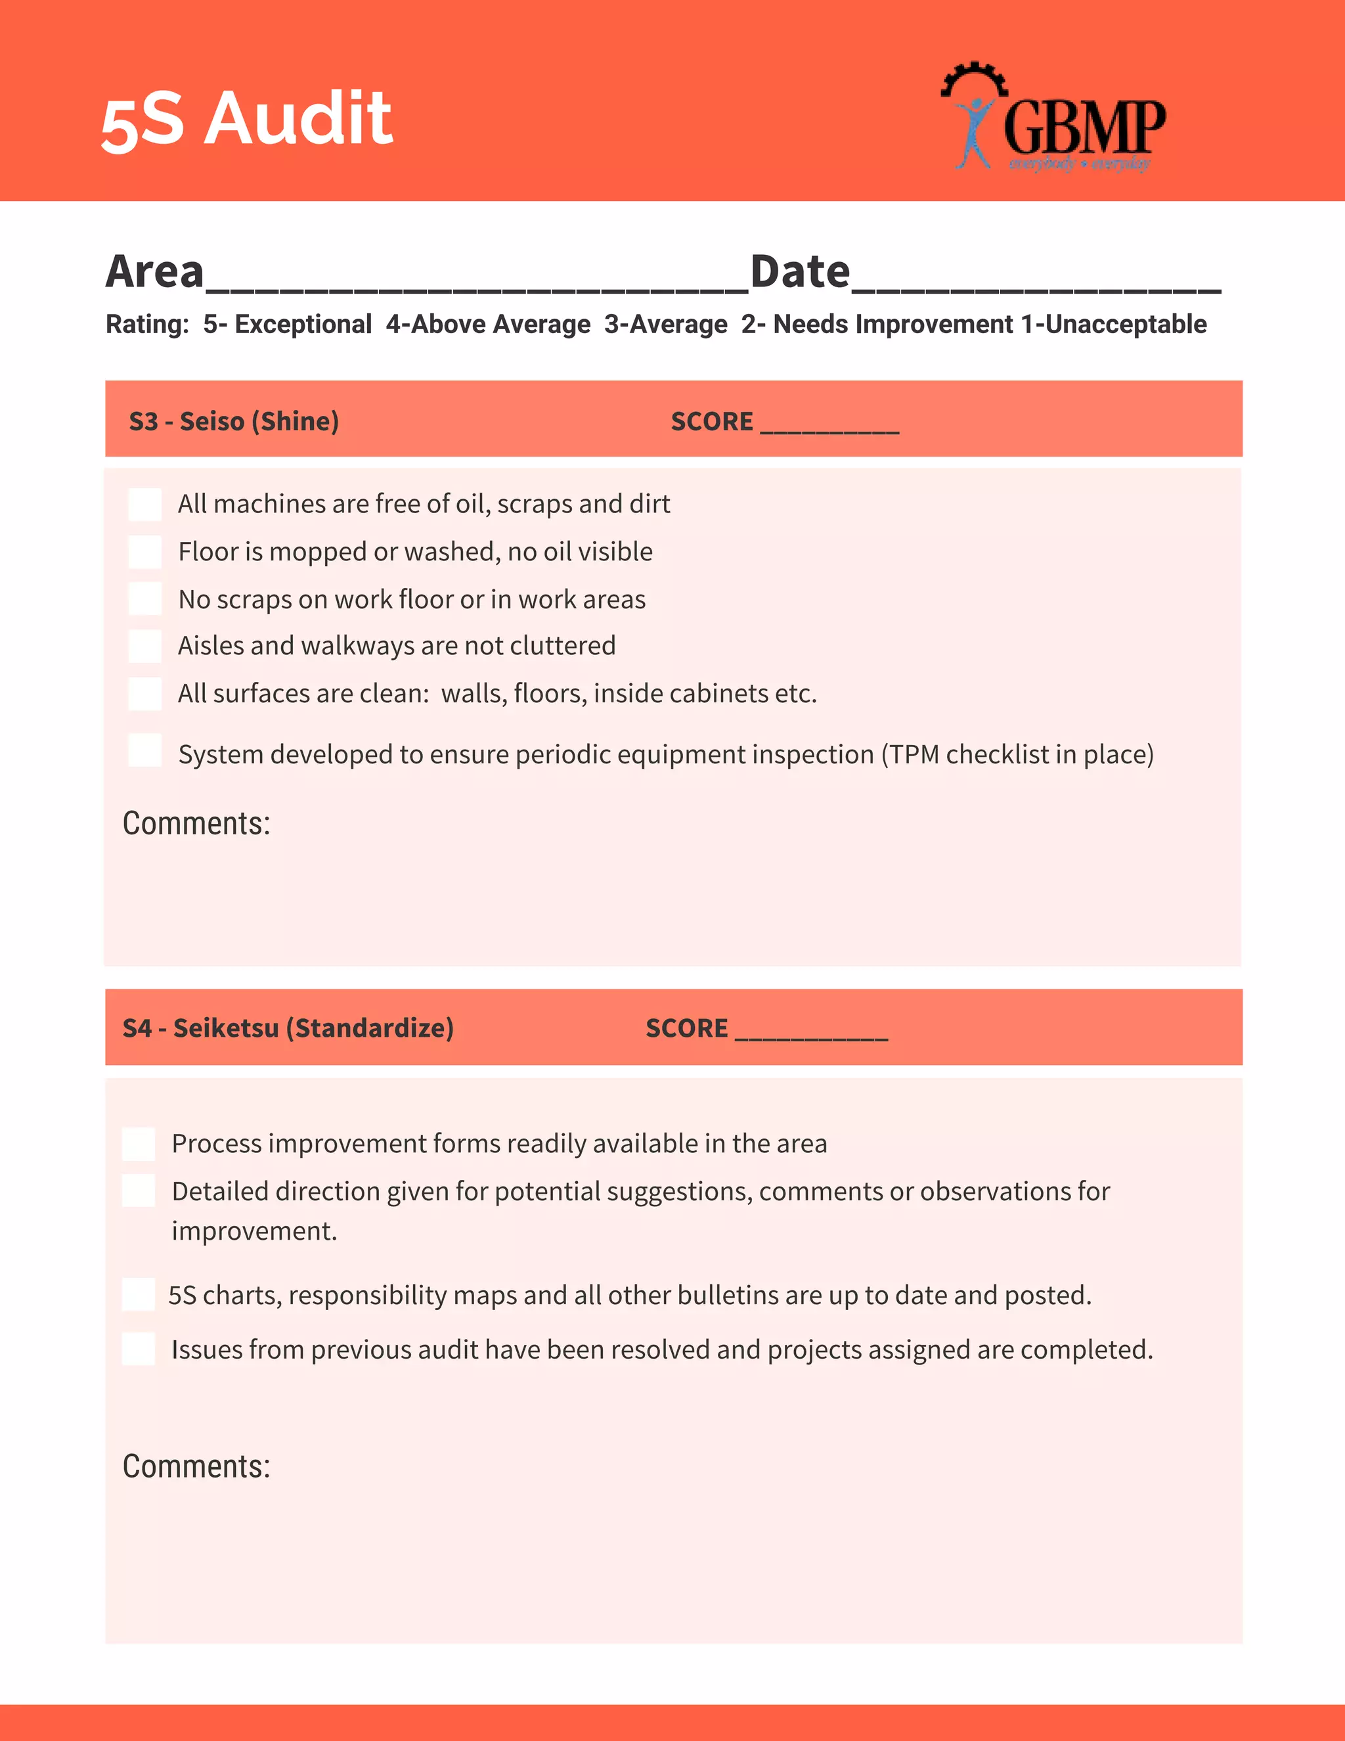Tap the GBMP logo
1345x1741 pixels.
(x=1053, y=118)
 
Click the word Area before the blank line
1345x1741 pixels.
(x=156, y=272)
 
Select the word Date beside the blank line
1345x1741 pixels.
(x=800, y=272)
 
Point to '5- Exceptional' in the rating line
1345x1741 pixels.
(x=287, y=325)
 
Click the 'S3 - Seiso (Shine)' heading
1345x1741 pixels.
(x=233, y=421)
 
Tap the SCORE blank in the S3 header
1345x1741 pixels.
(x=829, y=422)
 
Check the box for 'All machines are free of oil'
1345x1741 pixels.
(x=145, y=505)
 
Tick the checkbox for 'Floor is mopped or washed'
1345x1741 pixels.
(x=145, y=552)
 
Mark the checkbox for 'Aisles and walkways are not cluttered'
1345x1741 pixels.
(x=145, y=646)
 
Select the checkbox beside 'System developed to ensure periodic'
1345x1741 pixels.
(x=145, y=750)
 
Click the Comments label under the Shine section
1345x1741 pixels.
(x=196, y=823)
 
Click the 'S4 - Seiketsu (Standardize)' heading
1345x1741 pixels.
(x=288, y=1028)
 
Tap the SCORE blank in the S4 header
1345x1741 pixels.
(x=810, y=1029)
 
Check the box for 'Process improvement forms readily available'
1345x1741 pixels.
(x=139, y=1144)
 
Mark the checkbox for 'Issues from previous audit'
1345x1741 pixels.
(x=139, y=1349)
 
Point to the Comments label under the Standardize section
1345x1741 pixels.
(x=196, y=1466)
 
